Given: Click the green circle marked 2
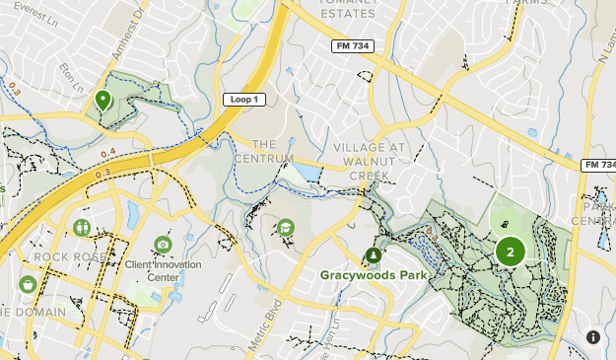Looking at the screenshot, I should tap(510, 252).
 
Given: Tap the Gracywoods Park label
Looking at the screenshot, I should tap(374, 275).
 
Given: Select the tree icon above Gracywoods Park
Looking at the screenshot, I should tap(374, 256).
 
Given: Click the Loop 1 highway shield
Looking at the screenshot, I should tap(241, 100).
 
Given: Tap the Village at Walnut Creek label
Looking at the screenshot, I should tap(370, 162).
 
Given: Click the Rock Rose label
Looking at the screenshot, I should tap(68, 257).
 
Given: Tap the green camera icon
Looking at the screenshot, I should tap(163, 245).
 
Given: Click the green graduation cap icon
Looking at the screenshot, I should tap(285, 228).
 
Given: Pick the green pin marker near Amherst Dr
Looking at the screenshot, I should tap(103, 100).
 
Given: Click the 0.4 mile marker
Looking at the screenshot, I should tap(107, 151).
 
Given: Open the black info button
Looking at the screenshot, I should tap(593, 337).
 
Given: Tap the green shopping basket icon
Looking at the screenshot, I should tap(28, 284).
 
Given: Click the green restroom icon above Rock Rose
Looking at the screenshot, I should tap(81, 228).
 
